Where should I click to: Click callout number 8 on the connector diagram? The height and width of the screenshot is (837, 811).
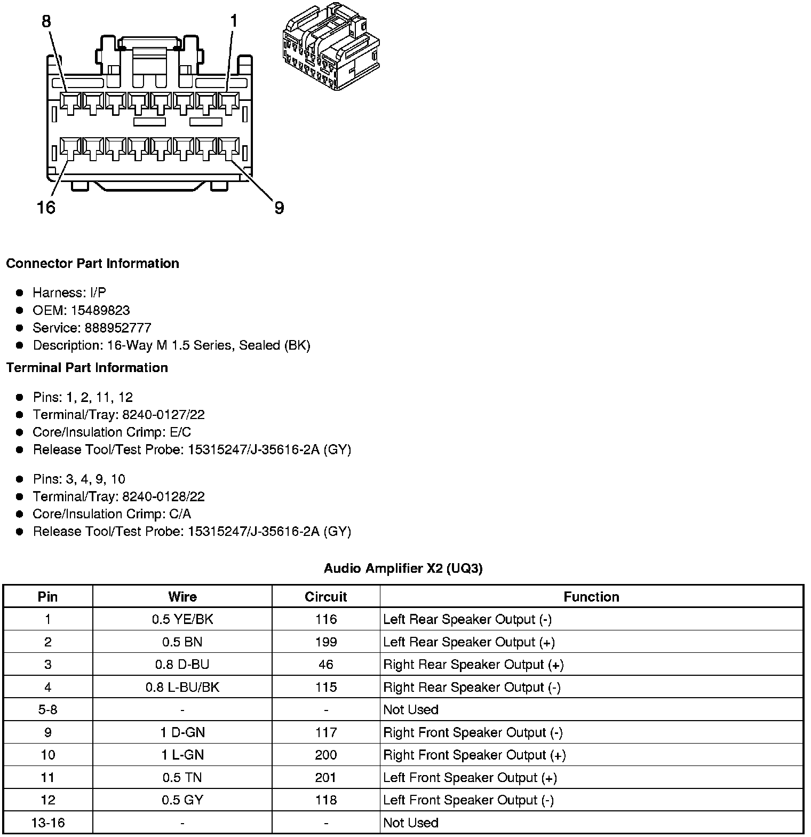pos(46,21)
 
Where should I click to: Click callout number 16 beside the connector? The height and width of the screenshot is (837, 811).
pos(46,207)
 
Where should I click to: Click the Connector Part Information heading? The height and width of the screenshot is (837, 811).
pos(92,264)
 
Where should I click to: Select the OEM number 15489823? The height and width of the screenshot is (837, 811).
pos(100,311)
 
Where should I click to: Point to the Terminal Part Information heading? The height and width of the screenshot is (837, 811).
pos(87,368)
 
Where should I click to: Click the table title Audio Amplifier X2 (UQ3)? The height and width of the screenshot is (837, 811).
pos(403,569)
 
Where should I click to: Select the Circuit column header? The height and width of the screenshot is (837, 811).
pos(325,597)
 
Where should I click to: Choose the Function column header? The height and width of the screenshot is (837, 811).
pos(591,597)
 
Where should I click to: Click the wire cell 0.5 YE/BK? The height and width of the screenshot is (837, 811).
pos(182,619)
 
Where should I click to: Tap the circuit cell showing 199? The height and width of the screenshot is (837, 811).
pos(325,642)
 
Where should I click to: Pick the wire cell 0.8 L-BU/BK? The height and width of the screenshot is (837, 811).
pos(182,687)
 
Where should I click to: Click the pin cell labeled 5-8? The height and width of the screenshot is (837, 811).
pos(47,710)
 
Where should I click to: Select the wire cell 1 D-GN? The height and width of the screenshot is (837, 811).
pos(182,732)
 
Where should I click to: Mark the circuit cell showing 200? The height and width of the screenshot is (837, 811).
pos(325,755)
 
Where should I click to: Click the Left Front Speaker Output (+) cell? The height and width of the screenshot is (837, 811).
pos(470,778)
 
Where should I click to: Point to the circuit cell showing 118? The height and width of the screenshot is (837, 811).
pos(325,800)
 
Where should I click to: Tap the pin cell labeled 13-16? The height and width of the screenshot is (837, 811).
pos(47,823)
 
